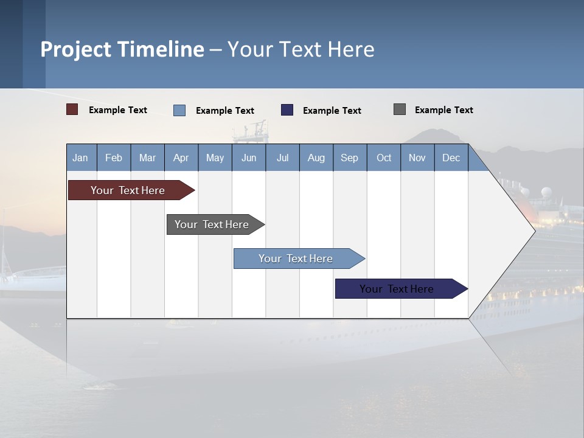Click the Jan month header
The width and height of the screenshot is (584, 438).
[80, 158]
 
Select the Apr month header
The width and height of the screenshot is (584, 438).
[181, 158]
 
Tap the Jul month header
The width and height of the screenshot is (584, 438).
[282, 158]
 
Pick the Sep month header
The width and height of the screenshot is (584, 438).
[349, 158]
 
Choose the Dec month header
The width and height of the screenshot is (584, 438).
[451, 158]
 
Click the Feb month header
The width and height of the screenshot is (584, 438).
[114, 158]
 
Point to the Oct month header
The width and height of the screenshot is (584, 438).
[384, 158]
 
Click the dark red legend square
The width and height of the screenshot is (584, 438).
[72, 109]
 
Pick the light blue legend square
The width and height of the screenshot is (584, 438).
[179, 110]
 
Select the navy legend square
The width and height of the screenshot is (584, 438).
[287, 110]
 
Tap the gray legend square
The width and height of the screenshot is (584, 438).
[400, 109]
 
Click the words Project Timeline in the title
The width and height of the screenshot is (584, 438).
[122, 49]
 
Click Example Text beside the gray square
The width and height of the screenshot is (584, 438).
[443, 110]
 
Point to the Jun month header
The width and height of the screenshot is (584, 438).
[249, 158]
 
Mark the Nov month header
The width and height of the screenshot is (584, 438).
[417, 158]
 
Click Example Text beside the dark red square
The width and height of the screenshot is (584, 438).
[118, 110]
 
